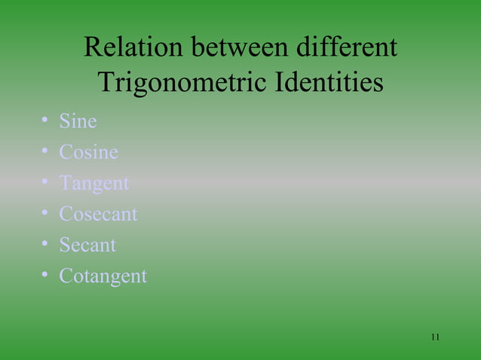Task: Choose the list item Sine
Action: pos(78,121)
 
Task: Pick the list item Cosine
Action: pos(88,152)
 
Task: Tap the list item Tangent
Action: pos(94,184)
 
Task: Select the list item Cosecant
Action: pos(98,215)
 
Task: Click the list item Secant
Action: pos(87,246)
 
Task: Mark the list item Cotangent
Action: pos(103,276)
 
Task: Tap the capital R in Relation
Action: pos(93,48)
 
